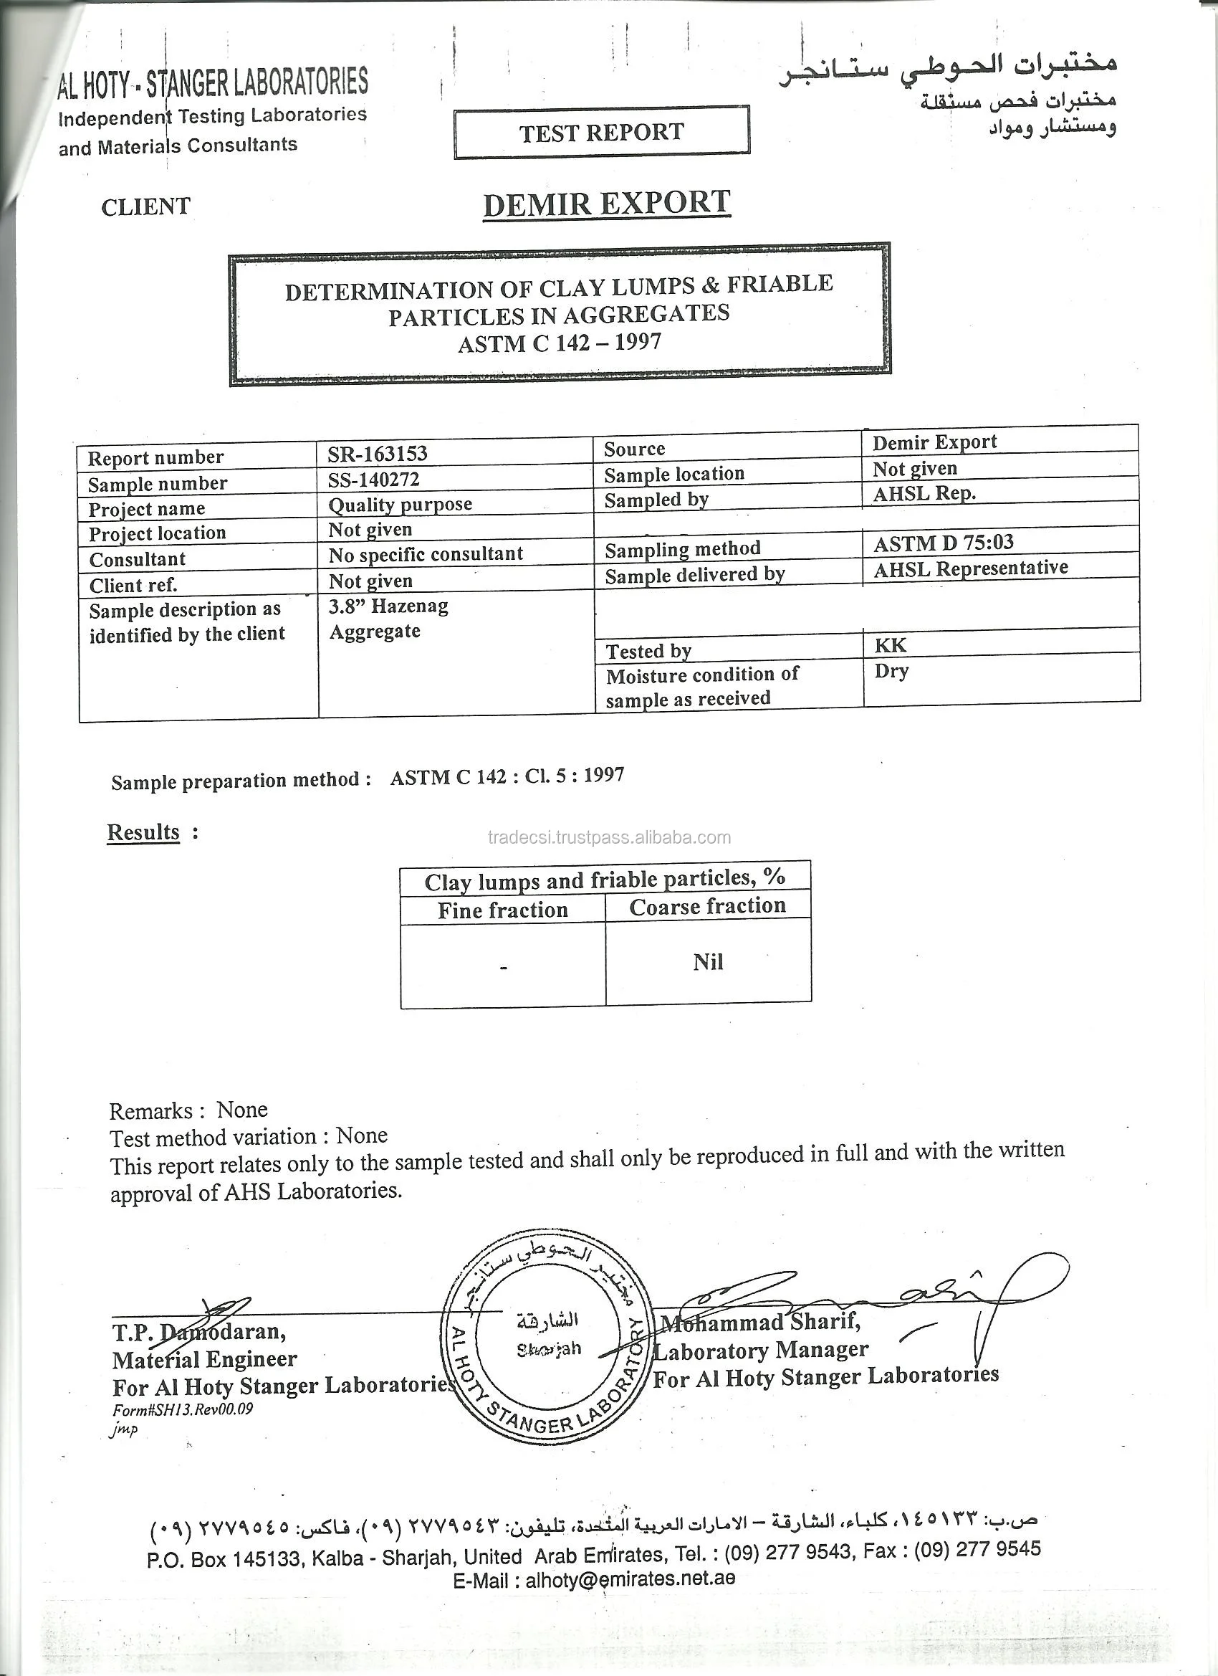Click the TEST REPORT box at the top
point(601,133)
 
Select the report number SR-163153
point(378,453)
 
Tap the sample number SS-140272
point(374,480)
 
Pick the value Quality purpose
point(400,505)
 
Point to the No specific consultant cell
point(426,554)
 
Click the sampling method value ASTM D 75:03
point(943,544)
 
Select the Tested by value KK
point(890,645)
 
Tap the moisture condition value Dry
point(891,671)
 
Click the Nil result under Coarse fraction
point(708,961)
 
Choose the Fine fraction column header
point(502,910)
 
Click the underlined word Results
point(143,832)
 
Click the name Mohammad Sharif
point(760,1322)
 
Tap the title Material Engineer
point(205,1360)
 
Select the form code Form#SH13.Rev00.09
point(183,1409)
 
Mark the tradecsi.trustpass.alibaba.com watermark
point(610,837)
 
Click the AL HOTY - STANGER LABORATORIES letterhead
point(214,83)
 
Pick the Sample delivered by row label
point(694,576)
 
